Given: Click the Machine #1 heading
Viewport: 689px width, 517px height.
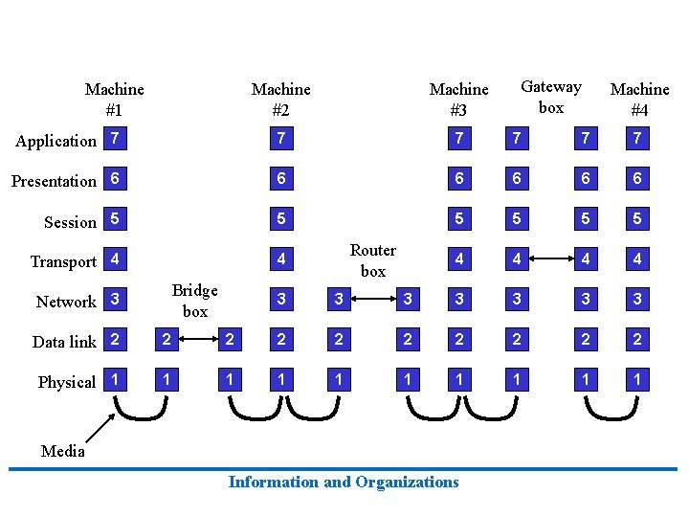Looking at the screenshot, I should tap(114, 99).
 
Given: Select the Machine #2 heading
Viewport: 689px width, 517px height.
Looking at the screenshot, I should tap(280, 99).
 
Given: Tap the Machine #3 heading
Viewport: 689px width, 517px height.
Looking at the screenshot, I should tap(458, 99).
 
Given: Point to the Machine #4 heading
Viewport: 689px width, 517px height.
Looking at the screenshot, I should tap(639, 99).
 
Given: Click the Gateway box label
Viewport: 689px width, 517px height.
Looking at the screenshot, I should tap(550, 97).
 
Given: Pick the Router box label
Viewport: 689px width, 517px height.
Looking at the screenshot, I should tap(372, 260).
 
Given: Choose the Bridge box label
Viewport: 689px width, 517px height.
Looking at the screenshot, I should tap(194, 301).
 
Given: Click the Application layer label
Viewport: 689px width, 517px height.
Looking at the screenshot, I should tap(56, 141).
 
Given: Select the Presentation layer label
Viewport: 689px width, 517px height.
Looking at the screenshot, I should tap(54, 181).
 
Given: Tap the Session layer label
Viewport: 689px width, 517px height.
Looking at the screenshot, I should tap(70, 222).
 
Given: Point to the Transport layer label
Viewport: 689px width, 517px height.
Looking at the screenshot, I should tap(63, 261).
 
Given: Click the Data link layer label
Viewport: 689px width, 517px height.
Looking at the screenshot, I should tap(64, 342).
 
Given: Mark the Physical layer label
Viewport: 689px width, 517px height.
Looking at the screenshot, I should tap(67, 382).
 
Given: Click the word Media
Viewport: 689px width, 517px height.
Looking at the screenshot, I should tap(63, 451).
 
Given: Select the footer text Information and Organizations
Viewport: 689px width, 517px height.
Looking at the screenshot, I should tap(344, 482).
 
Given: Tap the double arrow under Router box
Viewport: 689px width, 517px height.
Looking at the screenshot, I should tap(372, 299).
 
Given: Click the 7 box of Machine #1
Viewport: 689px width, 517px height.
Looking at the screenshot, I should tap(115, 139).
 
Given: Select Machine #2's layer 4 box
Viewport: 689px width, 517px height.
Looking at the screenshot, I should tap(280, 259).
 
